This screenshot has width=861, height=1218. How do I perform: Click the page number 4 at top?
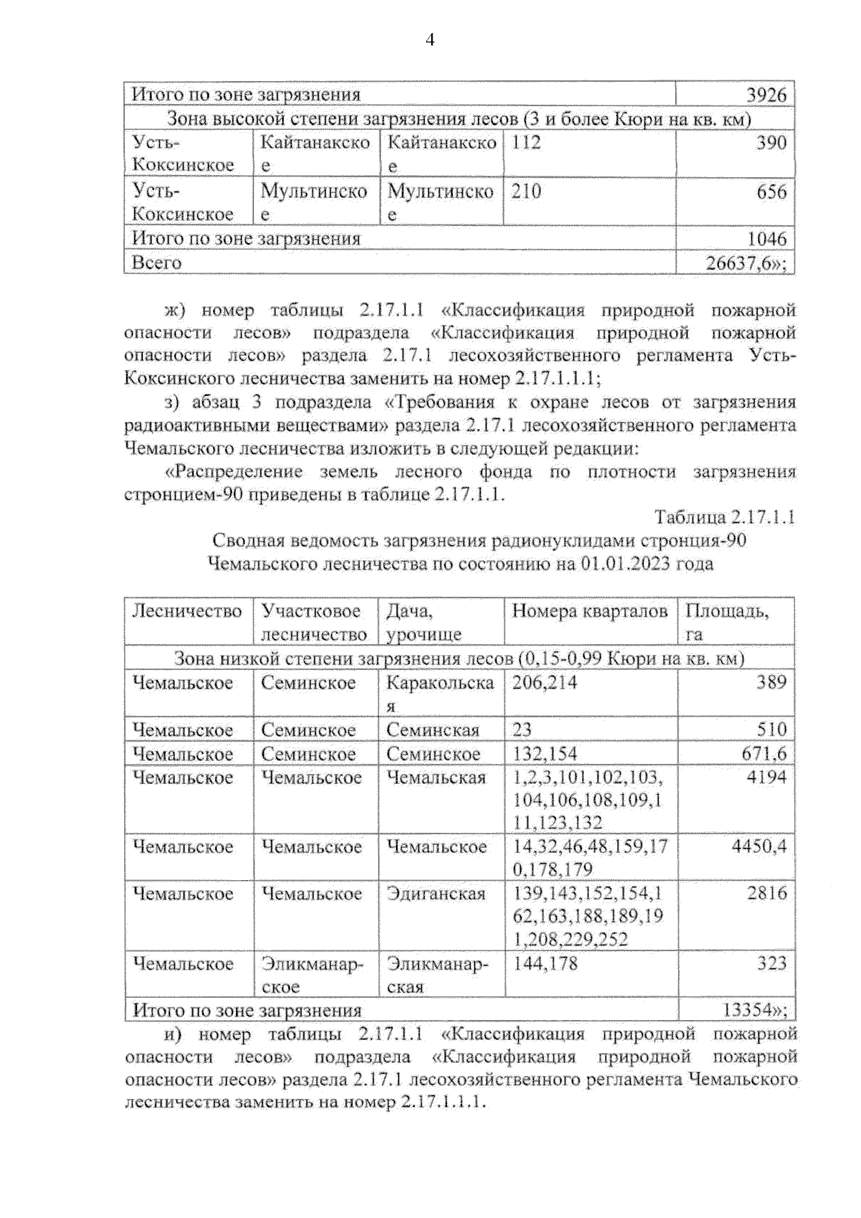coord(430,40)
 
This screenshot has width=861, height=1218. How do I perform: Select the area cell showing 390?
coord(771,143)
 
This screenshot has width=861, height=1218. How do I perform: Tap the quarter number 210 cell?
coord(527,192)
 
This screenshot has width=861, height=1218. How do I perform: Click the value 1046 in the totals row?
coord(766,239)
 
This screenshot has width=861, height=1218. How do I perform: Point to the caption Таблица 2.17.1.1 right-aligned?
coord(724,517)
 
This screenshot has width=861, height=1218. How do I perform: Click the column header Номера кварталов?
coord(589,611)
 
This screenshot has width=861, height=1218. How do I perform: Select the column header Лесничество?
coord(187,611)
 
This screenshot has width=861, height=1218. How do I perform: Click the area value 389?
coord(771,682)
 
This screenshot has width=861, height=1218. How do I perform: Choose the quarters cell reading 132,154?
coord(544,754)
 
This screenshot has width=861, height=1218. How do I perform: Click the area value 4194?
coord(766,778)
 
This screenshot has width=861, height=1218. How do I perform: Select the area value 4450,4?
coord(758,846)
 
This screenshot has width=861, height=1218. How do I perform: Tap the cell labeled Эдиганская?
coord(436,894)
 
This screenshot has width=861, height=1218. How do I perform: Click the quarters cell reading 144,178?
coord(545,963)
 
